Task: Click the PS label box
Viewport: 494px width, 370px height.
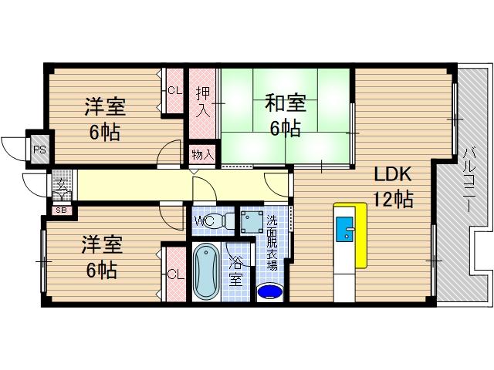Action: coord(37,149)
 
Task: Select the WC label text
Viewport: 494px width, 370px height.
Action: coord(204,220)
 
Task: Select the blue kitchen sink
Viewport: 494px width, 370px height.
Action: coord(345,231)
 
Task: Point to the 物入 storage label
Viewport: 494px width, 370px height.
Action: coord(203,154)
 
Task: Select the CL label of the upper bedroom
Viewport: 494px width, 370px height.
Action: coord(174,90)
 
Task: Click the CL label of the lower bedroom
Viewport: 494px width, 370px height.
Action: coord(175,273)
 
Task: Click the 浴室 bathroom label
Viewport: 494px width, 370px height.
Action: coord(235,270)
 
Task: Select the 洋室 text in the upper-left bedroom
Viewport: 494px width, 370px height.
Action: coord(104,106)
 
